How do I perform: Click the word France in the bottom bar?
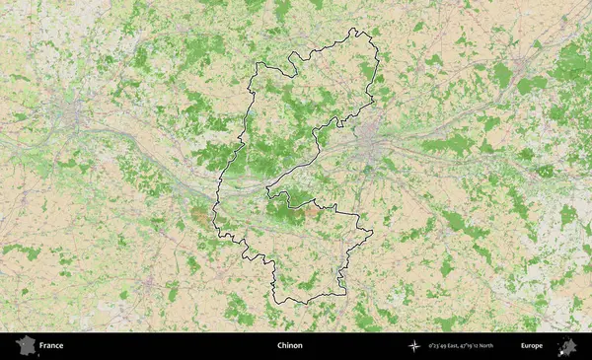51,346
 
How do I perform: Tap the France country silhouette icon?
24,346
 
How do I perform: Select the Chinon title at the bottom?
289,346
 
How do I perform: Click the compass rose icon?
415,346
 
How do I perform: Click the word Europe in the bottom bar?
532,346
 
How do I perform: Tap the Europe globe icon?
567,346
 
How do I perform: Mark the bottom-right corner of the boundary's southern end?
345,294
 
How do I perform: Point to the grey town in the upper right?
520,67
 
